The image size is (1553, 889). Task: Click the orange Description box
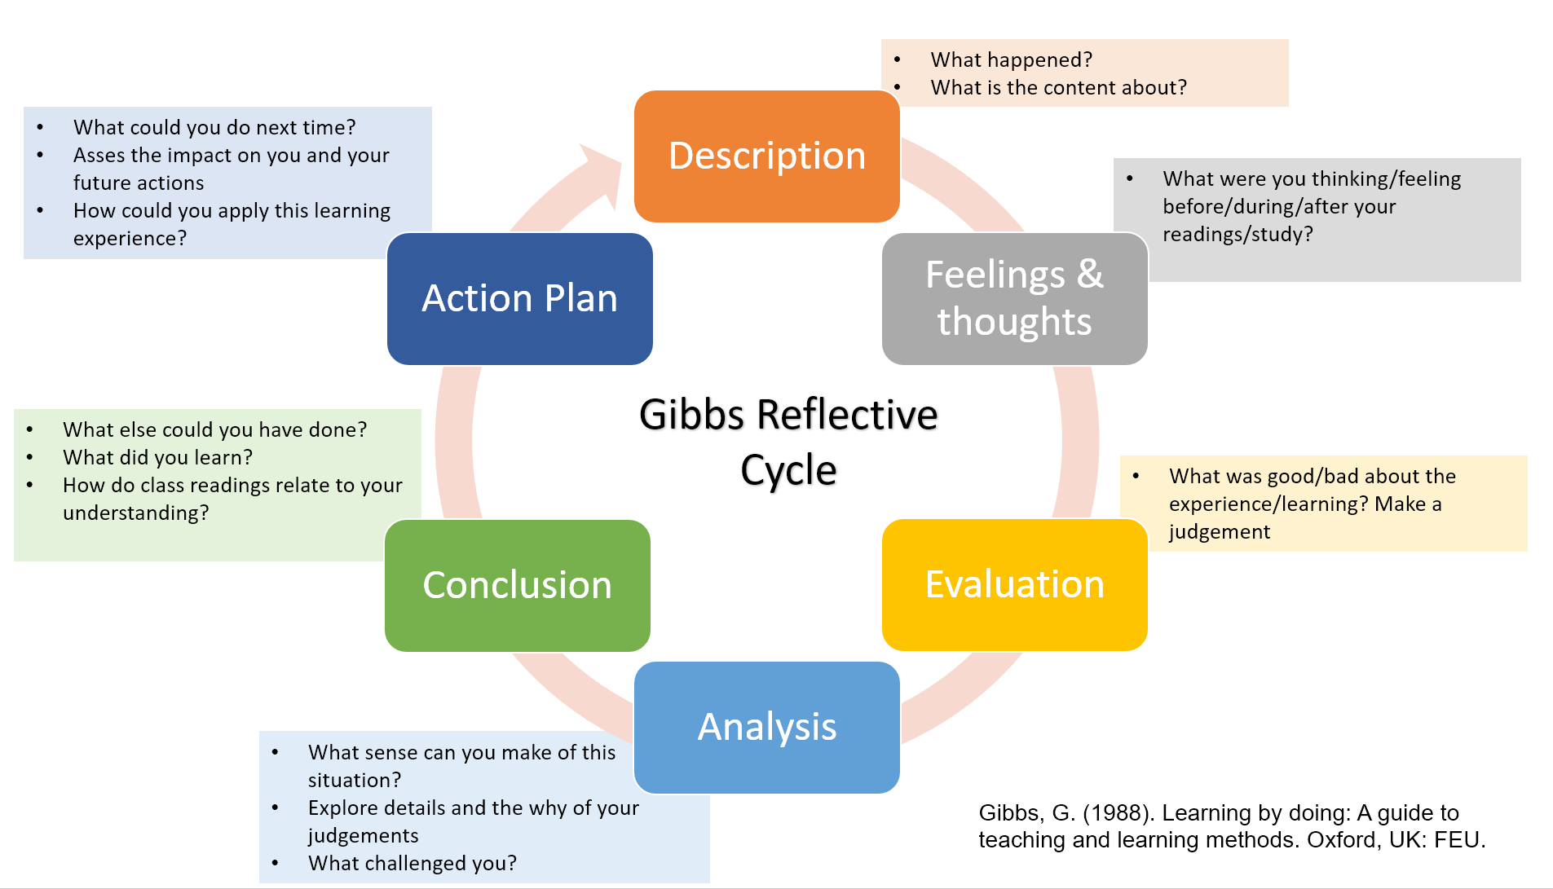766,156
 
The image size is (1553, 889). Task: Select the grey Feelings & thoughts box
1014,298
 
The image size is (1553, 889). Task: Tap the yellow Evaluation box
1014,584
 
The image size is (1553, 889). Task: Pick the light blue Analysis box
766,727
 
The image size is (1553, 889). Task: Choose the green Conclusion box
517,585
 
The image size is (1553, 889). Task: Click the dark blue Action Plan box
519,298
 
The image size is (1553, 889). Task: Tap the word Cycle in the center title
788,470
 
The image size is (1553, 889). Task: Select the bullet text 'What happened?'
1011,59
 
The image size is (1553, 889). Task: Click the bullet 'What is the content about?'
1058,87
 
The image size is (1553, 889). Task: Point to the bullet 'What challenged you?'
412,863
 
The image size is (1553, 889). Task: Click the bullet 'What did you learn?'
157,457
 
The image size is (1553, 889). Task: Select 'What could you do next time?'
214,127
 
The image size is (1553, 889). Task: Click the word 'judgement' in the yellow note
1219,532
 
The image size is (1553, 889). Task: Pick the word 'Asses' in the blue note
99,155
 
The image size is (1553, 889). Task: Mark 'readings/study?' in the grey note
1237,235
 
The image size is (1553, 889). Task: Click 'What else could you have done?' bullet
214,429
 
